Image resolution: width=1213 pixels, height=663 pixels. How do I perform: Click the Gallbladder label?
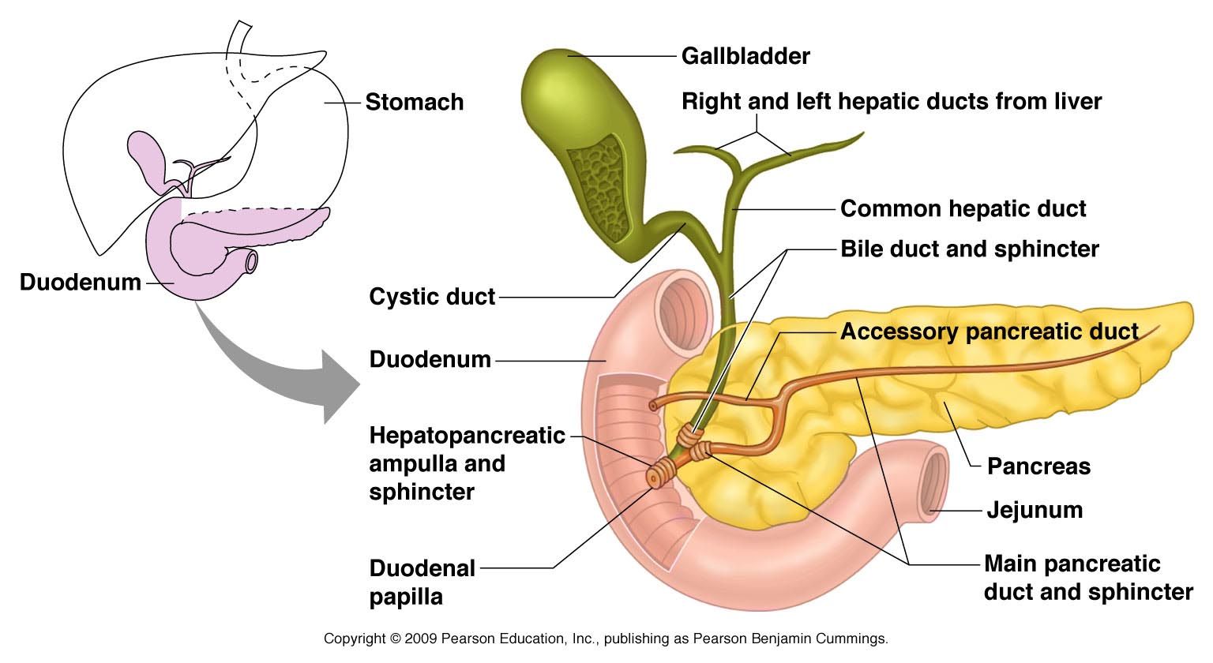coord(745,56)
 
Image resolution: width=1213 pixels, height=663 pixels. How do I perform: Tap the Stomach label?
coord(414,103)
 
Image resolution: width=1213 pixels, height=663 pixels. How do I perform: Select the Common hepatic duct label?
coord(963,208)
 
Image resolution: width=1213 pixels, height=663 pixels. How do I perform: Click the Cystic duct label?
coord(432,297)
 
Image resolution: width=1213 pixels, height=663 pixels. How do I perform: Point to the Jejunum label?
coord(1035,510)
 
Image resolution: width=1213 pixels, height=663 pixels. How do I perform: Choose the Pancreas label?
coord(1038,466)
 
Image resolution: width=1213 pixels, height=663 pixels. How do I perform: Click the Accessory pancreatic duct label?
coord(989,331)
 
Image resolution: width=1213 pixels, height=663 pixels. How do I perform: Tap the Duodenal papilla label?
coord(422,582)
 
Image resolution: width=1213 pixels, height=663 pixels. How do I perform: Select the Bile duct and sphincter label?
coord(969,249)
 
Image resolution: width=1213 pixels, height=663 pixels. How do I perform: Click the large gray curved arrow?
coord(276,363)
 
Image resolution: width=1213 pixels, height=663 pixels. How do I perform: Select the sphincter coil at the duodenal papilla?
coord(659,475)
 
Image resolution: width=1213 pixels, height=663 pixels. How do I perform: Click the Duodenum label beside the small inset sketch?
coord(80,282)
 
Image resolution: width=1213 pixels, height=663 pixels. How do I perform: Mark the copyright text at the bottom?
coord(606,639)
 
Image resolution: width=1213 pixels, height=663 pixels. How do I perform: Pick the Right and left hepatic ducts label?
coord(891,102)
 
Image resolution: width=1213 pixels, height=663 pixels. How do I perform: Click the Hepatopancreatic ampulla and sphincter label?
coord(467,463)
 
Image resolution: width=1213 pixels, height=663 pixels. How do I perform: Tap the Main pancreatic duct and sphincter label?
coord(1087,578)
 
